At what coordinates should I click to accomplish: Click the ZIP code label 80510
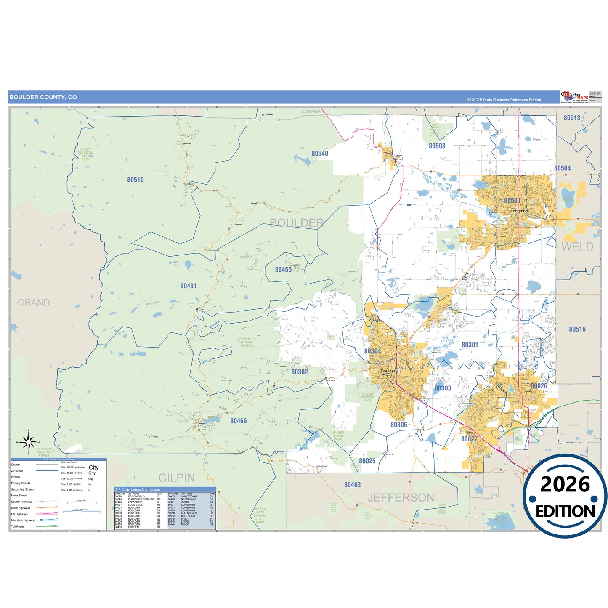(x=135, y=180)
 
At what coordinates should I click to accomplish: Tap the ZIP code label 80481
(x=189, y=286)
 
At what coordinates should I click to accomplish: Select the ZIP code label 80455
(x=283, y=269)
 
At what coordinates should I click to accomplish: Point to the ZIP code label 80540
(x=320, y=154)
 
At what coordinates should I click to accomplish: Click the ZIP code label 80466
(x=239, y=421)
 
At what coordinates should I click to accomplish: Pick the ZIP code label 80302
(x=300, y=372)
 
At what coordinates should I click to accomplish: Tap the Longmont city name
(x=520, y=211)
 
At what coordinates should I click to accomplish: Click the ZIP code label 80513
(x=572, y=118)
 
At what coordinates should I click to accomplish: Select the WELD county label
(x=577, y=247)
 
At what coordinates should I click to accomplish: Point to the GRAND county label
(x=34, y=303)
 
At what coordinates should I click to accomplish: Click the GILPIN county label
(x=177, y=478)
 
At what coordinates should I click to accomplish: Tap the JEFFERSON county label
(x=401, y=498)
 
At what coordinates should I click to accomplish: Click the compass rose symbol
(x=28, y=442)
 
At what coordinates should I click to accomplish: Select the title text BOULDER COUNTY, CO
(x=43, y=97)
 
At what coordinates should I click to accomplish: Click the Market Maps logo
(x=575, y=97)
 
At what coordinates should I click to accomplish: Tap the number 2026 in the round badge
(x=565, y=484)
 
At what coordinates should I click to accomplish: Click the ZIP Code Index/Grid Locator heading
(x=138, y=490)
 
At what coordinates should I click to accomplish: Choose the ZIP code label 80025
(x=367, y=461)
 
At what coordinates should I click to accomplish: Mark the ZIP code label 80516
(x=577, y=329)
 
